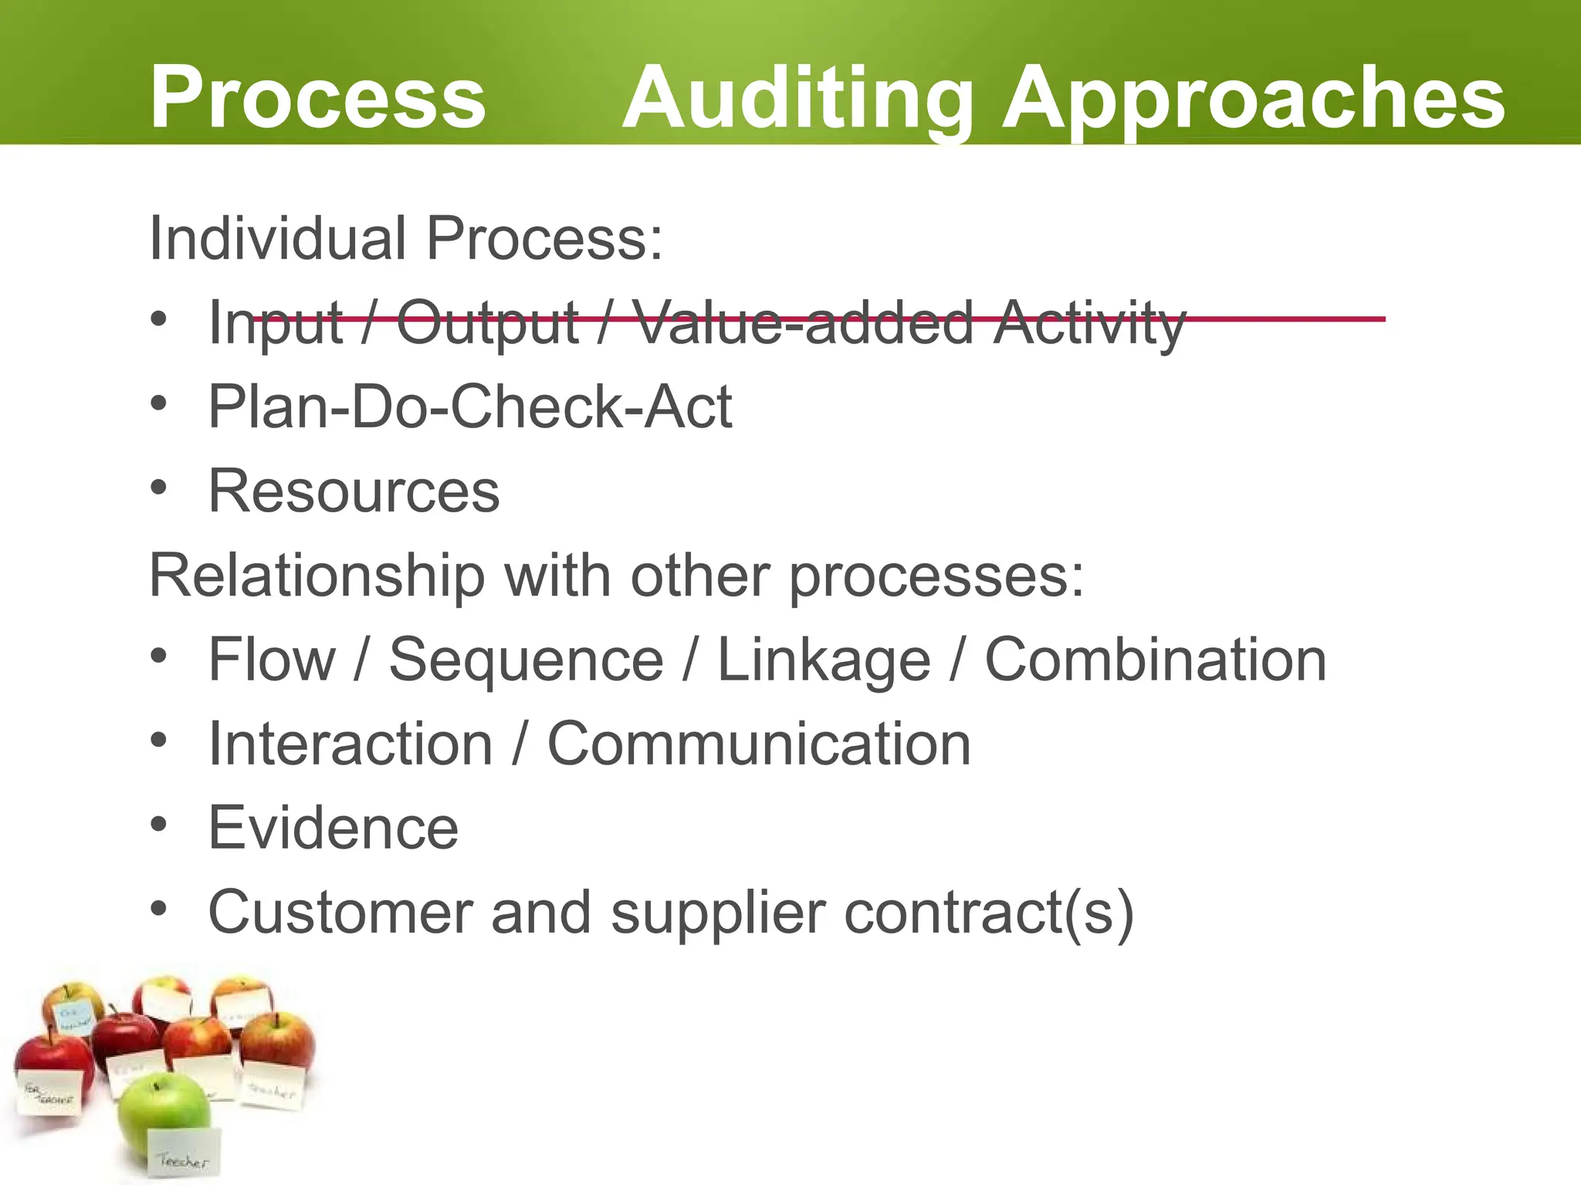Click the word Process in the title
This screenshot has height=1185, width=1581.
click(x=317, y=98)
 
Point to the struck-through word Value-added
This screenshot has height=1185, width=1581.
click(x=803, y=322)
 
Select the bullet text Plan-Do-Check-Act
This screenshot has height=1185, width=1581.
click(x=470, y=407)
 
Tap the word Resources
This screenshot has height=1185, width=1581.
click(x=354, y=491)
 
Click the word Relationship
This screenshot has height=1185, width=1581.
click(x=317, y=576)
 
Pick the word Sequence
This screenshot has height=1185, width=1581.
click(x=526, y=660)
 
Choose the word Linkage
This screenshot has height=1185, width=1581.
click(x=824, y=661)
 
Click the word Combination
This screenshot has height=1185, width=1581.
click(x=1156, y=660)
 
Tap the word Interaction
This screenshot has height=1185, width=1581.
click(x=350, y=744)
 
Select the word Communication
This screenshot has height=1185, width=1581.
click(x=759, y=744)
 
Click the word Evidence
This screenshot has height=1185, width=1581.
click(x=333, y=828)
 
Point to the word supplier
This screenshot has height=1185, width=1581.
click(x=718, y=913)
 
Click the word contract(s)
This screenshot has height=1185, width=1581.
click(x=989, y=913)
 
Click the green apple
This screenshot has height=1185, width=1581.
click(x=163, y=1112)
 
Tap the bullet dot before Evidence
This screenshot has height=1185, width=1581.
click(x=159, y=825)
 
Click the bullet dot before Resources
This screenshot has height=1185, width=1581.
click(x=159, y=488)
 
